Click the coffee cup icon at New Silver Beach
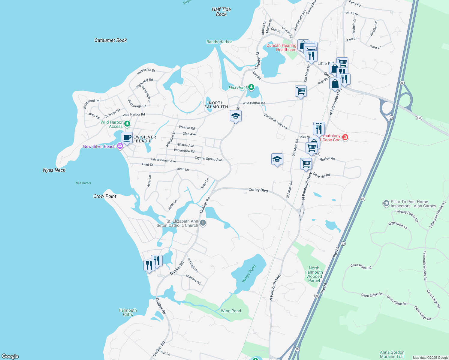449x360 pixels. tap(127, 138)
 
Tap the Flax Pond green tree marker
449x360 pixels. tap(251, 88)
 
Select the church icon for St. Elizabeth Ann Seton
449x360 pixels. tap(203, 223)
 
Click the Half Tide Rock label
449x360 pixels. tap(221, 12)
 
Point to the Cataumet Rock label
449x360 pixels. tap(110, 40)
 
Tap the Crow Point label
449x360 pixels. tap(105, 196)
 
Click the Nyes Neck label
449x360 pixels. tap(54, 170)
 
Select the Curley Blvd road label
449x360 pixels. tap(258, 190)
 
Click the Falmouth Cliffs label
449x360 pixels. tap(128, 312)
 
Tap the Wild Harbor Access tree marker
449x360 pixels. tap(127, 124)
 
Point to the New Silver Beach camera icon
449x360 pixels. tap(120, 146)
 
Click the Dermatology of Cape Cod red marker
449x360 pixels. tap(345, 137)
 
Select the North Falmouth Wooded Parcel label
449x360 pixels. tap(314, 274)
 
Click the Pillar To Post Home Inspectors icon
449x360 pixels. tap(386, 203)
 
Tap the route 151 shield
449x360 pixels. tap(419, 118)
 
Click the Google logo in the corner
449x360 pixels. tap(10, 356)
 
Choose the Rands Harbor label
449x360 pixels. tap(219, 42)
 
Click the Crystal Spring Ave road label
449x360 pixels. tap(208, 159)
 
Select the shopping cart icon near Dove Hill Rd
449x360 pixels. tap(306, 164)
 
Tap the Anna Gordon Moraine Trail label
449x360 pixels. tap(392, 354)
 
